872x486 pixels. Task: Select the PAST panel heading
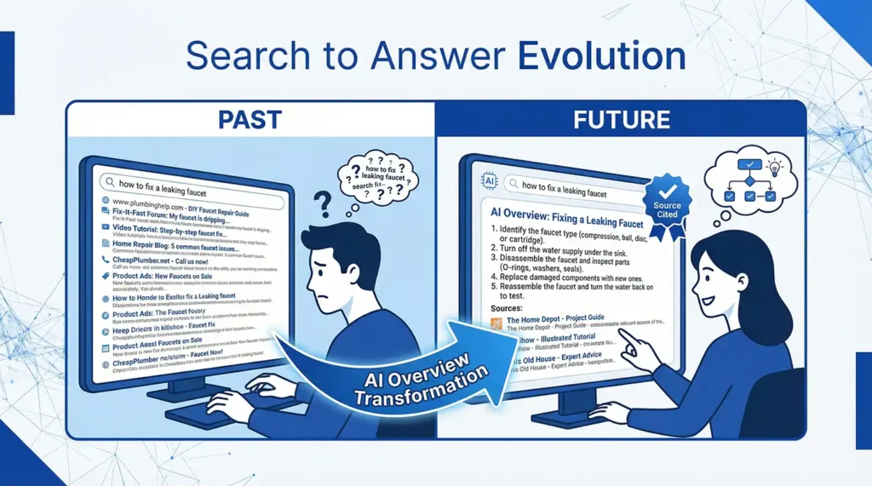tap(250, 119)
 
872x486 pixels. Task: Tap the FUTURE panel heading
tap(621, 119)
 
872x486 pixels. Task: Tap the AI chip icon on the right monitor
tap(490, 181)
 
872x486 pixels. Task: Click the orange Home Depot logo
tap(498, 322)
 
